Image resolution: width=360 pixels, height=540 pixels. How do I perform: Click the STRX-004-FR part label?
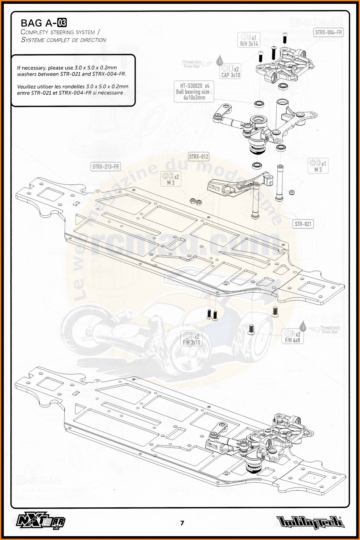coord(328,32)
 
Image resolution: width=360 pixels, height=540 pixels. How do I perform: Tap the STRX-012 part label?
coord(199,157)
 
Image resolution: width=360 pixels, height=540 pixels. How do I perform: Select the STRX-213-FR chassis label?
coord(105,166)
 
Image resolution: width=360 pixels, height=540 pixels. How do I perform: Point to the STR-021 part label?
coord(303,224)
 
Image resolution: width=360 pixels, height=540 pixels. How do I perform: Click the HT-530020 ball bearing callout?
coord(194,92)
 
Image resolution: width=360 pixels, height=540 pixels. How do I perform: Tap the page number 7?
coord(182,523)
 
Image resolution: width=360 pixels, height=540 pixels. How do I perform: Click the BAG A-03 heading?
coord(44,23)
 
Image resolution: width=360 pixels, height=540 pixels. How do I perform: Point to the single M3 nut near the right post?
coord(292,192)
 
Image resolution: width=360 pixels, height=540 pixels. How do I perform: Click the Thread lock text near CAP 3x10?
coord(192,62)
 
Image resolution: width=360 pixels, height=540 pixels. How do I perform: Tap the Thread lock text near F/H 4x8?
coord(330,327)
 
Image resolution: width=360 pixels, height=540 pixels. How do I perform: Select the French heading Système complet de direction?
coord(63,40)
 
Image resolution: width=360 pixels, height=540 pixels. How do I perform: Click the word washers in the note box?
coord(27,74)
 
